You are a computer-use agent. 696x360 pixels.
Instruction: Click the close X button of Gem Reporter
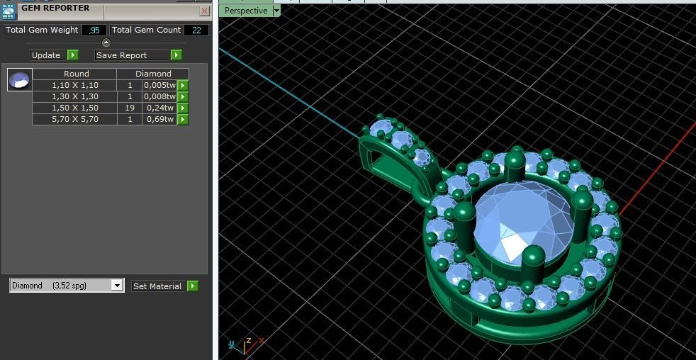click(x=204, y=11)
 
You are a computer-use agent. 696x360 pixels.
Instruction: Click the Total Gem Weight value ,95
click(x=94, y=30)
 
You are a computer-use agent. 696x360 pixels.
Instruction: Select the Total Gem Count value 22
click(x=196, y=30)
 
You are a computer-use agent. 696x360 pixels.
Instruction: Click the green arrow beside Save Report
click(x=176, y=55)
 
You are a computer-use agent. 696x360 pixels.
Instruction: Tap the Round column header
click(x=76, y=74)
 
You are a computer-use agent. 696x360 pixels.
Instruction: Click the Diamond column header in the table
click(x=153, y=74)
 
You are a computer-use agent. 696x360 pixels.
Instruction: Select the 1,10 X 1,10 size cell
click(x=74, y=85)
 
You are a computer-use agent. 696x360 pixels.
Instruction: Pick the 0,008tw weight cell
click(x=159, y=96)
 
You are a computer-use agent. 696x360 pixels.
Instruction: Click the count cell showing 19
click(x=130, y=108)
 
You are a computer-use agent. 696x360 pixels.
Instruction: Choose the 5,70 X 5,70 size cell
click(x=74, y=119)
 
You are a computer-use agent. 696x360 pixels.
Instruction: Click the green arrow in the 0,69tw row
click(x=183, y=119)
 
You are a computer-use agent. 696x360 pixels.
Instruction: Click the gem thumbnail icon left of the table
click(x=19, y=80)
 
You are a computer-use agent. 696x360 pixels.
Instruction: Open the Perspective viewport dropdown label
click(x=246, y=11)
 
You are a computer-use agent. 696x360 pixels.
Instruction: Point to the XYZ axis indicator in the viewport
click(x=245, y=344)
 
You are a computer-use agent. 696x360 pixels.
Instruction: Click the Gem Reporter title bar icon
click(x=9, y=10)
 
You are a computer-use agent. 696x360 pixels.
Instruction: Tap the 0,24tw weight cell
click(x=159, y=108)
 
